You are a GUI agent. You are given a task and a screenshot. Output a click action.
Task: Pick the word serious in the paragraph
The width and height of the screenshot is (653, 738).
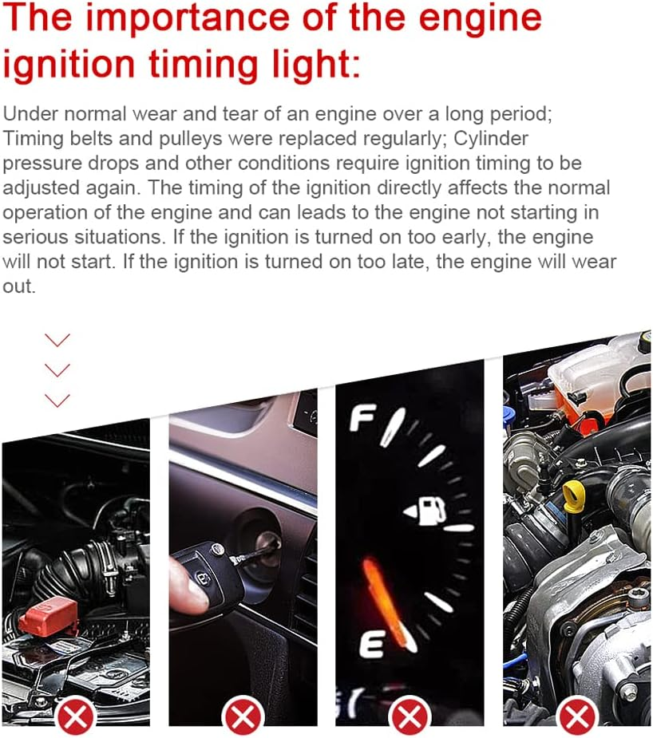[x=41, y=237]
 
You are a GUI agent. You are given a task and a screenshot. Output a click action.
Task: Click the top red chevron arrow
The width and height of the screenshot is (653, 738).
[x=57, y=341]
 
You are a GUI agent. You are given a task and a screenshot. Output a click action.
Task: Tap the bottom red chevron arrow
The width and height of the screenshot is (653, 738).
[x=57, y=400]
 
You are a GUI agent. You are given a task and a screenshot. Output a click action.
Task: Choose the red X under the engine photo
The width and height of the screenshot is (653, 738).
[x=576, y=716]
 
